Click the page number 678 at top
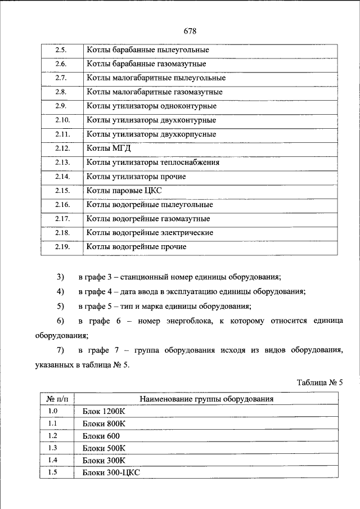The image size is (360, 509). pyautogui.click(x=190, y=30)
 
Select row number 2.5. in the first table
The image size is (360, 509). pyautogui.click(x=61, y=50)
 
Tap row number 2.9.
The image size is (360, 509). pyautogui.click(x=61, y=106)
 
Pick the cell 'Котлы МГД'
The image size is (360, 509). pyautogui.click(x=105, y=148)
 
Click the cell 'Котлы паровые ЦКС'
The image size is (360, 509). pyautogui.click(x=124, y=191)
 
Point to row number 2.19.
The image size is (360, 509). pyautogui.click(x=61, y=247)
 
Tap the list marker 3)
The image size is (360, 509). pyautogui.click(x=61, y=277)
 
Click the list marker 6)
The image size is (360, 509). pyautogui.click(x=61, y=321)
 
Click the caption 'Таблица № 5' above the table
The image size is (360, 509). pyautogui.click(x=319, y=382)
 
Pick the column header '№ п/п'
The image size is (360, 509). pyautogui.click(x=57, y=399)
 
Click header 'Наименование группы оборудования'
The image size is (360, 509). pyautogui.click(x=206, y=399)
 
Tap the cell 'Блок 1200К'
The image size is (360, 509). pyautogui.click(x=103, y=412)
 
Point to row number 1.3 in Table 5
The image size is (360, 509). pyautogui.click(x=53, y=448)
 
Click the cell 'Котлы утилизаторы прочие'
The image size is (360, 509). pyautogui.click(x=137, y=177)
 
